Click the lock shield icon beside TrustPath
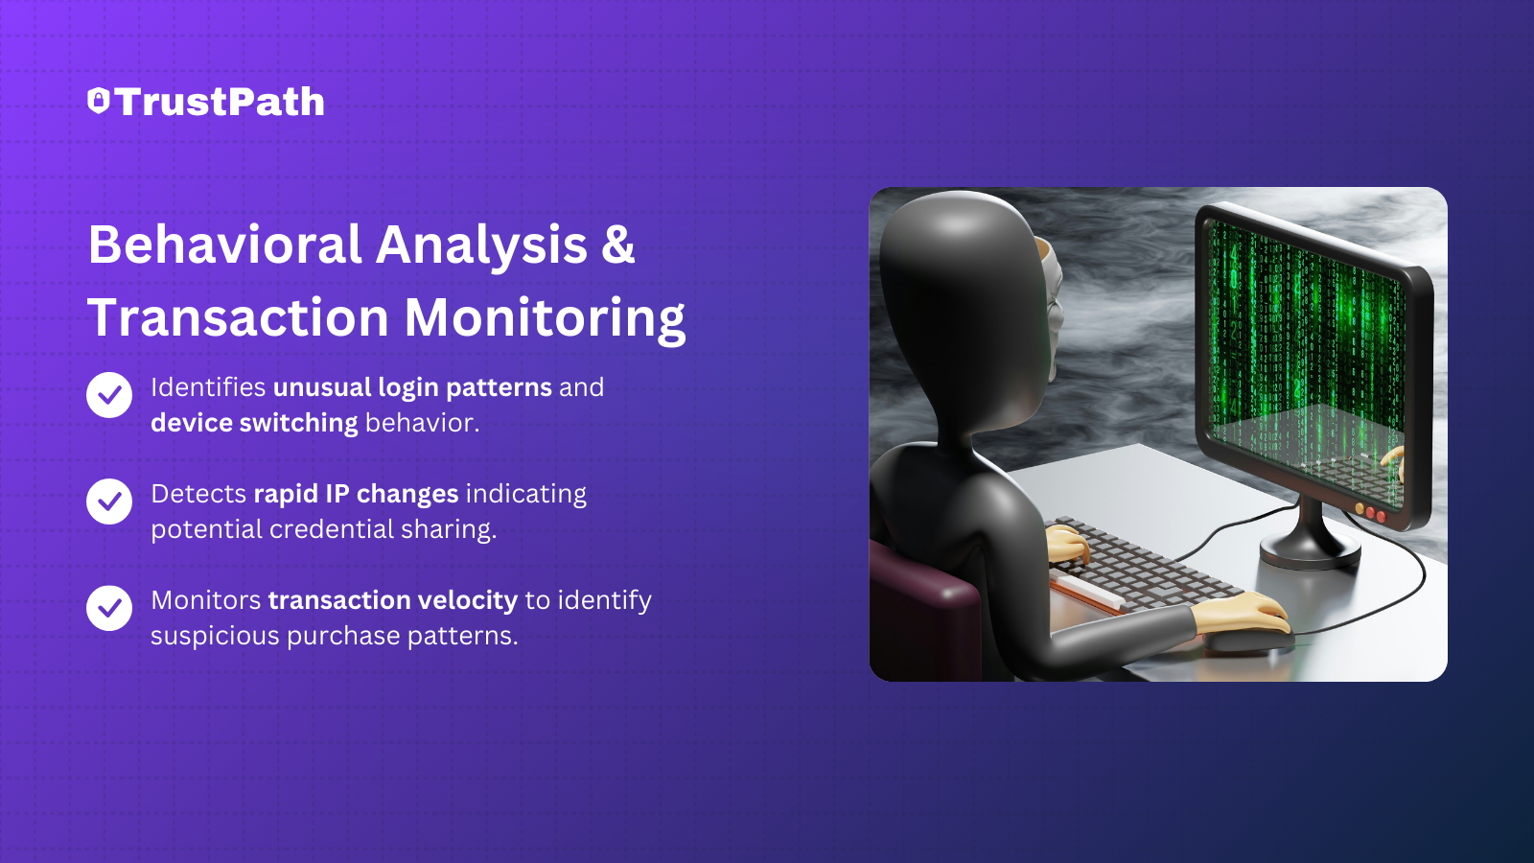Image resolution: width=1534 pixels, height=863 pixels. pos(99,101)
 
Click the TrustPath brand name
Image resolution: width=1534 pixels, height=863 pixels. pos(220,102)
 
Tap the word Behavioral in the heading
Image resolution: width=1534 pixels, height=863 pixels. pos(224,245)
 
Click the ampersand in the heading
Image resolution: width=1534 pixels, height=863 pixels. pos(618,245)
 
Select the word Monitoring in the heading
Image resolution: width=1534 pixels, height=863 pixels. pos(545,318)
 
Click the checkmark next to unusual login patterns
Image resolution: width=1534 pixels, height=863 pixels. pos(109,395)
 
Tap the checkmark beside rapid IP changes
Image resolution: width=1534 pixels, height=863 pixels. pos(109,501)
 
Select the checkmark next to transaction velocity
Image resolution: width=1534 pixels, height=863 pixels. pos(109,608)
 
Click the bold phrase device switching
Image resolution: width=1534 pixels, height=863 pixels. pos(254,423)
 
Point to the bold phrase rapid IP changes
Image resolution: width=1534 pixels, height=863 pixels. pos(356,494)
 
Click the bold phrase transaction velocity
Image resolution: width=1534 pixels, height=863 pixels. pos(393,600)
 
